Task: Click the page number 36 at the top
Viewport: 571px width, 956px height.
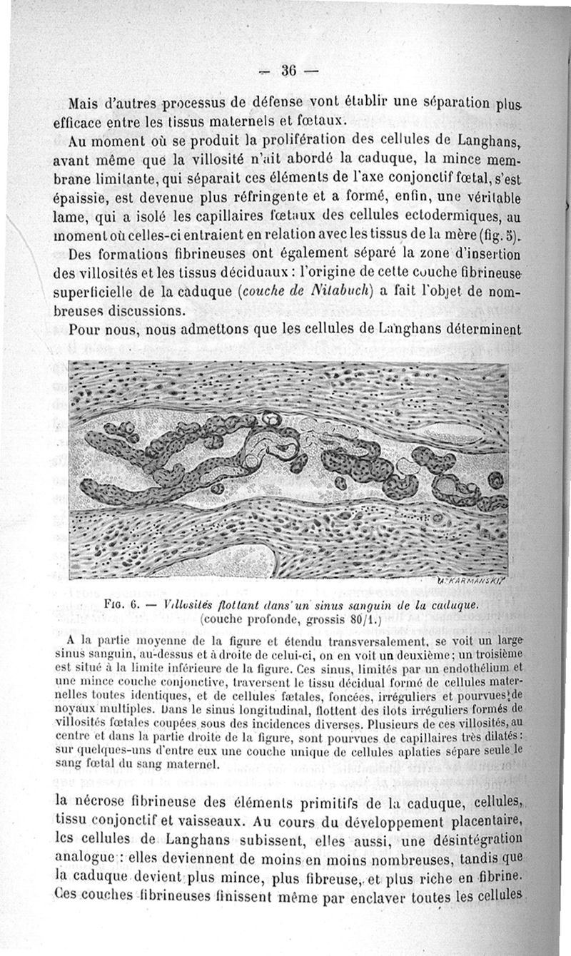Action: pos(288,71)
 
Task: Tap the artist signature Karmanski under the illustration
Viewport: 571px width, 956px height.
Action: pos(474,581)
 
